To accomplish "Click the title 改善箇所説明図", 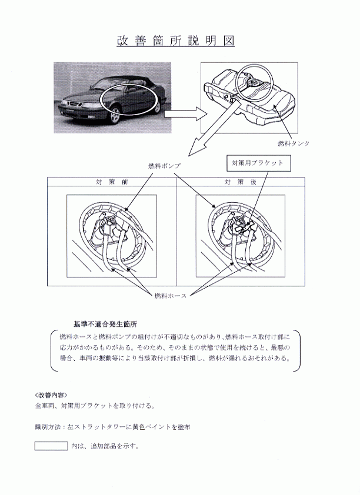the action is point(175,41).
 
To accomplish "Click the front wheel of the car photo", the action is point(115,116).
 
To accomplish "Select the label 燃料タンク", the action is point(294,143).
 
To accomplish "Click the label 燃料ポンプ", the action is point(165,166).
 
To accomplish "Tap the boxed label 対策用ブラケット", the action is point(258,163).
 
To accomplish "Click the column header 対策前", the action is point(112,182).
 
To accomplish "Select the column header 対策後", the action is point(241,182).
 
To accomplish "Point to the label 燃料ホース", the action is point(171,296).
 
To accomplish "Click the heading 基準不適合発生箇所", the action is point(105,324).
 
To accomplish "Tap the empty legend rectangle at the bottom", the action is point(51,446).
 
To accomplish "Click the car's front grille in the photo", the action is point(72,103).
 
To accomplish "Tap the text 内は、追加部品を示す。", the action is point(105,446).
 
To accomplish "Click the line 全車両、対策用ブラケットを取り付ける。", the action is point(95,406).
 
